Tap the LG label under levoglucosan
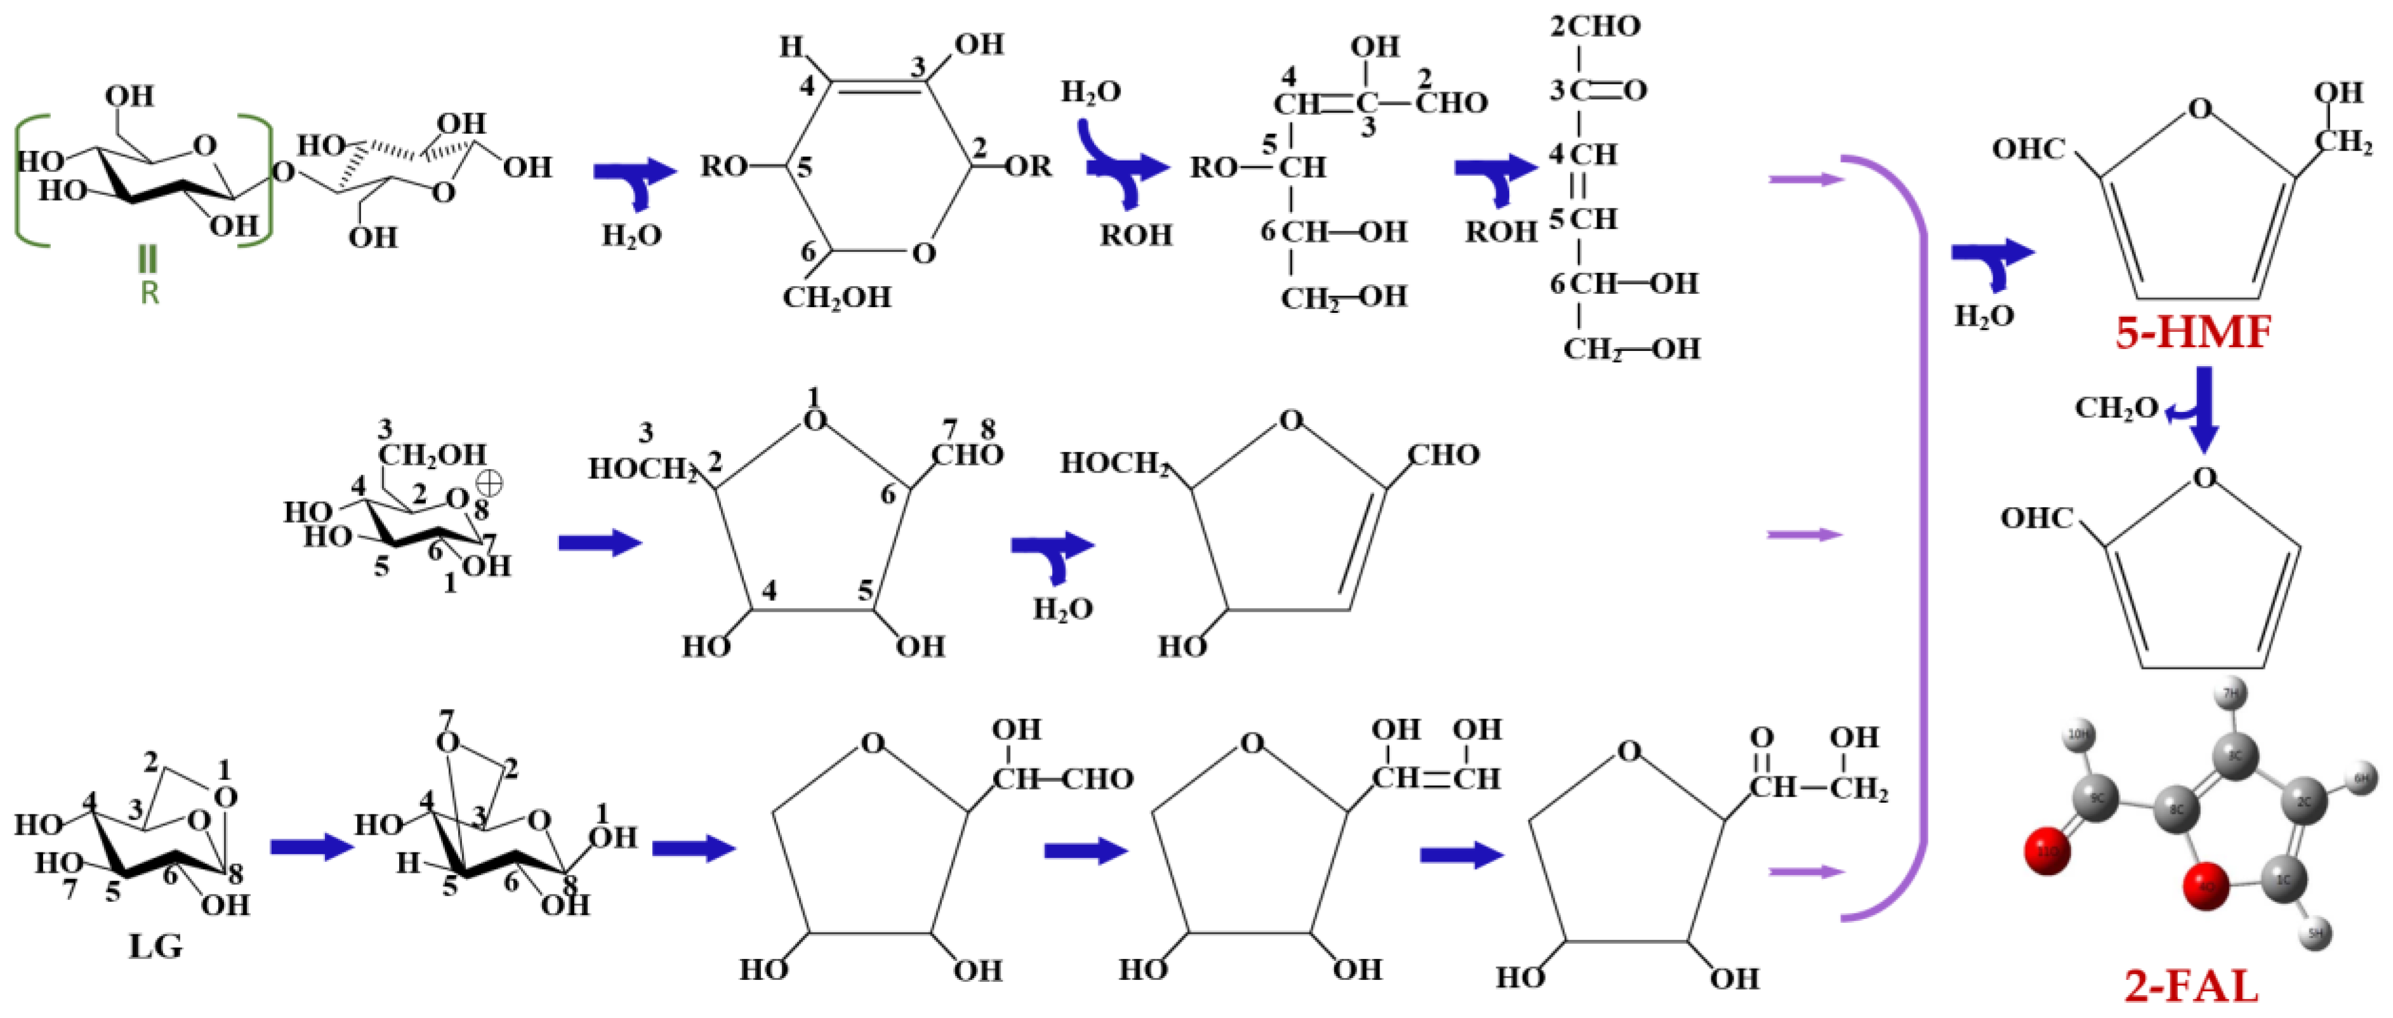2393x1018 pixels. pos(155,946)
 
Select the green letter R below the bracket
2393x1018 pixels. pos(148,293)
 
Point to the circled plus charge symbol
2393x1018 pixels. pos(489,483)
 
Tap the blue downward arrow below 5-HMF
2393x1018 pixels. pos(2203,409)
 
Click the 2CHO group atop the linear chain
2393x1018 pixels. pos(1594,26)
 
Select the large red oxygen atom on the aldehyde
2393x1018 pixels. pos(2047,852)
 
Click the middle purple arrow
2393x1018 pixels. pos(1804,534)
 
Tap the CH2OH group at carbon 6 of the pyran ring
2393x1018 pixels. pos(836,297)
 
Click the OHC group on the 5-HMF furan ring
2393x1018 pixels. pos(2028,149)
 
